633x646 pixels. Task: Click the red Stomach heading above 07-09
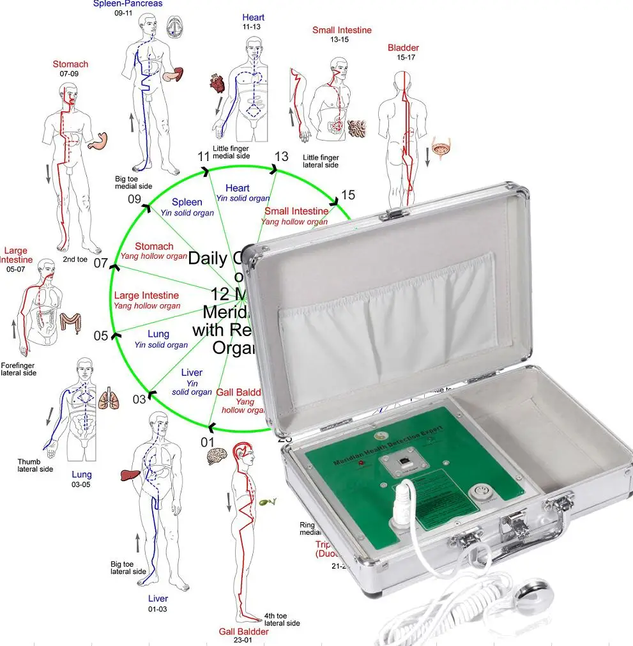pos(70,64)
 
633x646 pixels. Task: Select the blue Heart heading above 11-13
pos(253,17)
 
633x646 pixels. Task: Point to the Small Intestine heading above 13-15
pos(342,30)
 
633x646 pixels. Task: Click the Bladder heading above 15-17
pos(403,48)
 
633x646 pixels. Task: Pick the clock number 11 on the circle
pos(204,157)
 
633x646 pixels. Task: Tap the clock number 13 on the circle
pos(282,157)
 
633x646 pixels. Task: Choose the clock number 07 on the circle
pos(101,263)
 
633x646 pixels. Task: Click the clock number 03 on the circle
pos(139,399)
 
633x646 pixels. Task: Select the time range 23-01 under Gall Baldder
pos(243,641)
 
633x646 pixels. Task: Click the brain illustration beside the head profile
pos(216,455)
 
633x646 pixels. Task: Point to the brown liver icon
pos(130,473)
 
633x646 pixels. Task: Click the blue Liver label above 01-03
pos(158,599)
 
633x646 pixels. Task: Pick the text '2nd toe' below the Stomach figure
pos(75,259)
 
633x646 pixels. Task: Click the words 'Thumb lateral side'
pos(35,465)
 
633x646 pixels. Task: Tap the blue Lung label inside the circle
pos(158,334)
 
